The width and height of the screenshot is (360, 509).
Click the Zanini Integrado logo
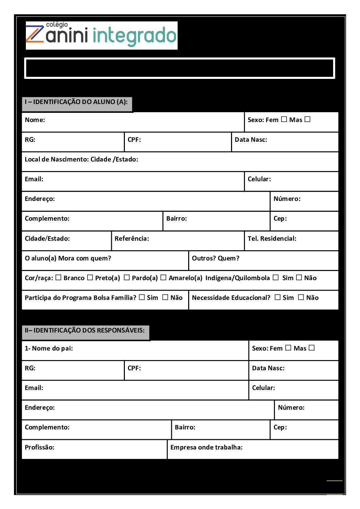coord(101,35)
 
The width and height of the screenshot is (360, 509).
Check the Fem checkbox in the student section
coord(284,119)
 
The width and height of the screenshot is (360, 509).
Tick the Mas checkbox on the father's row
coord(312,348)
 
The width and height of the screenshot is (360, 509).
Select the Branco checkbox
coord(59,277)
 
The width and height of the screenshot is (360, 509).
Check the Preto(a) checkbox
coord(90,277)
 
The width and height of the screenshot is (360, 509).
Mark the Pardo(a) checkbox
coord(127,277)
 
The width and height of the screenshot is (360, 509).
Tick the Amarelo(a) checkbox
coord(163,277)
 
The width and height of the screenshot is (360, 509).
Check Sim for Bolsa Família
coord(142,297)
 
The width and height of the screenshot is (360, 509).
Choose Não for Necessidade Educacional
coord(301,297)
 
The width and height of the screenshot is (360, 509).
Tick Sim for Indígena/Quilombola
coord(276,277)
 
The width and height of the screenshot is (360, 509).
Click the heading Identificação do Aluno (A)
coord(76,102)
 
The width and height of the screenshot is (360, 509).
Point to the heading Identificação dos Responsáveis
coord(85,330)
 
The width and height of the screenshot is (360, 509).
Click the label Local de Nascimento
coord(81,159)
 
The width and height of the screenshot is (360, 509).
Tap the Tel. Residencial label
coord(272,239)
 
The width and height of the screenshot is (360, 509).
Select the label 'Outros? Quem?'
coord(216,258)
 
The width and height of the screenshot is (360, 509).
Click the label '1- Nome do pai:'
coord(49,349)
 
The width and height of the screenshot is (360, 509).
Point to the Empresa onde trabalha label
coord(207,447)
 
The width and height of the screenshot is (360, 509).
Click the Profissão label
coord(39,447)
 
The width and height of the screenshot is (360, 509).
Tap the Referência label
coord(132,239)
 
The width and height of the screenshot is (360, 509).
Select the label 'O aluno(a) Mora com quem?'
coord(68,258)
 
